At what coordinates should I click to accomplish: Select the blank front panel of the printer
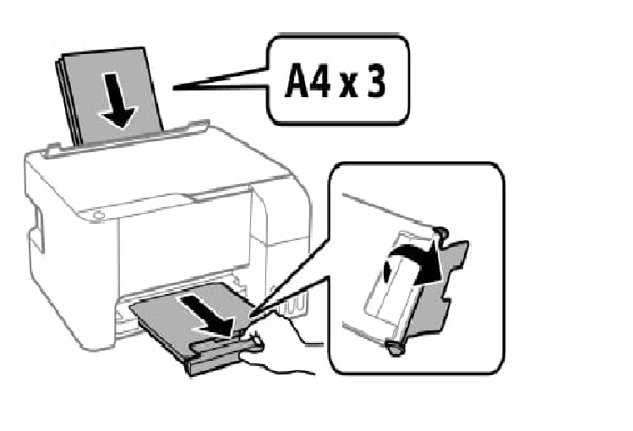[x=182, y=245]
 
